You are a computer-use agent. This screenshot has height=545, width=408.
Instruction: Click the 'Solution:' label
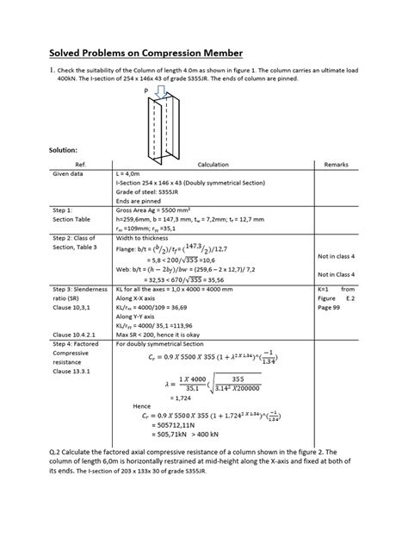pyautogui.click(x=67, y=150)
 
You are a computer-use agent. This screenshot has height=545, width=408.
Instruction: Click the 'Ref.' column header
pyautogui.click(x=82, y=163)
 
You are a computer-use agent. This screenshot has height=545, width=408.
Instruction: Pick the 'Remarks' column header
pyautogui.click(x=337, y=163)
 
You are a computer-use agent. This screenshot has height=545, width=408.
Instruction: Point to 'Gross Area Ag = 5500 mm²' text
pyautogui.click(x=151, y=210)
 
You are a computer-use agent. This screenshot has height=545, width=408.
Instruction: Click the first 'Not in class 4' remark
pyautogui.click(x=336, y=256)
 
